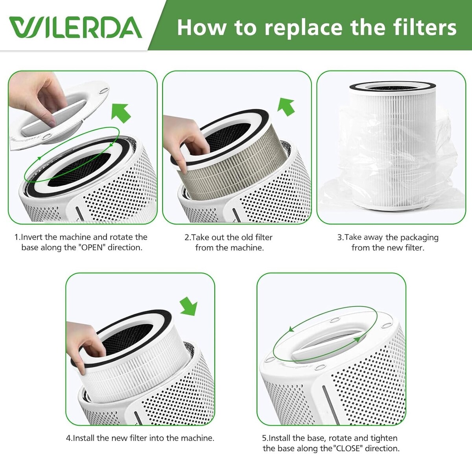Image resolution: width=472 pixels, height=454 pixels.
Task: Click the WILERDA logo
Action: coord(76,27)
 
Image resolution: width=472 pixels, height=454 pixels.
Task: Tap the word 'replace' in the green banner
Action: coord(303,29)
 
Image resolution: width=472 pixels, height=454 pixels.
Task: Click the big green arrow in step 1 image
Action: coord(121,113)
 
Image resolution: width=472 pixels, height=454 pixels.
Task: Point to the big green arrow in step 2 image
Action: coord(286,107)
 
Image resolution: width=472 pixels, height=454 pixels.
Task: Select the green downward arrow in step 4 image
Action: coord(189,306)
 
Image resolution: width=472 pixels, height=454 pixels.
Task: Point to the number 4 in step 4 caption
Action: coord(68,438)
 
